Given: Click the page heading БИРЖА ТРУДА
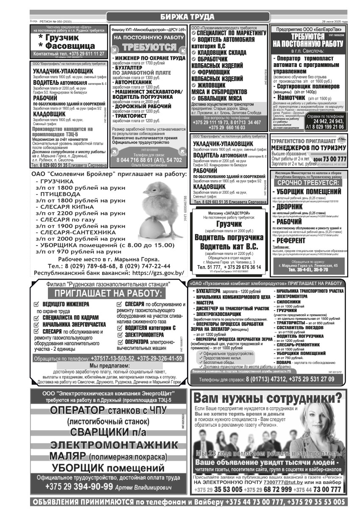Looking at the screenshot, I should pos(188,17).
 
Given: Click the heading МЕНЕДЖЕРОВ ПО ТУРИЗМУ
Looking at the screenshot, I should pos(308,148).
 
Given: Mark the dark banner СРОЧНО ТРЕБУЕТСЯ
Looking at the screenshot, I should pos(308,182).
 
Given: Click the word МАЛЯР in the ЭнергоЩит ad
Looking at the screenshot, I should pos(68,456).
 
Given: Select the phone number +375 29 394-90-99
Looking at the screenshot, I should pos(79,487).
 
